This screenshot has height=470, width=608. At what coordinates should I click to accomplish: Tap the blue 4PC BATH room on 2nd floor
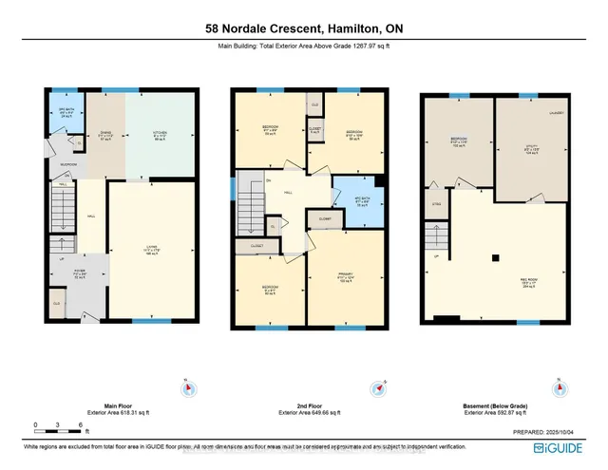[x=359, y=200]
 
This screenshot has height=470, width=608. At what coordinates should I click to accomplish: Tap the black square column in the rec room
[x=494, y=256]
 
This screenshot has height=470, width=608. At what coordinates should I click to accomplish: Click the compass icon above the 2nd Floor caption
[x=378, y=386]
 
